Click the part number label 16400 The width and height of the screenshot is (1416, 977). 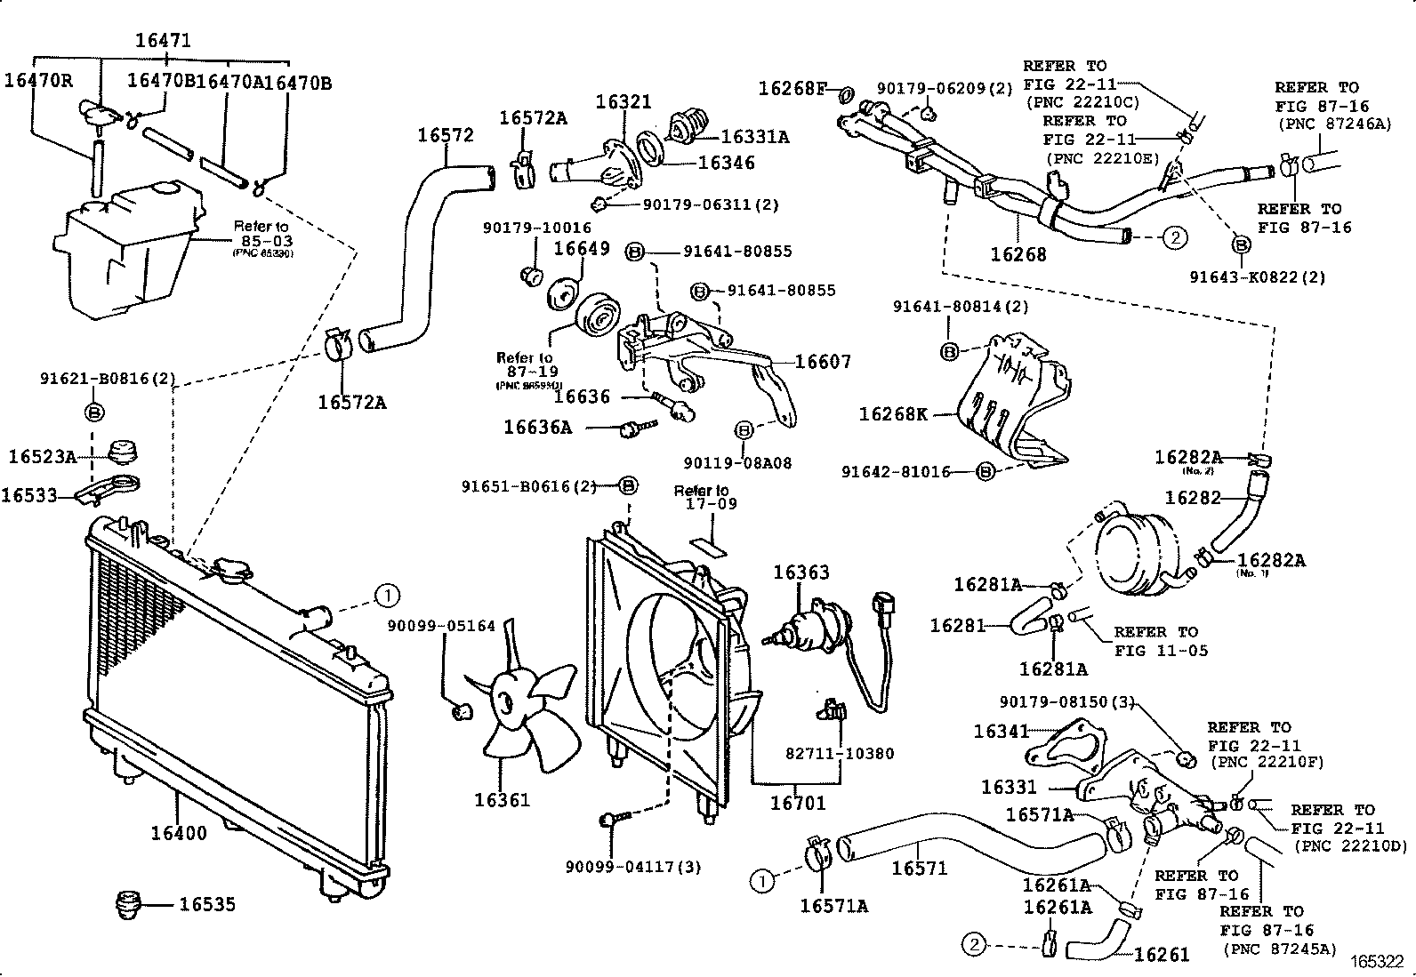coord(178,833)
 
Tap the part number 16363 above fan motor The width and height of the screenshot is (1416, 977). coord(801,573)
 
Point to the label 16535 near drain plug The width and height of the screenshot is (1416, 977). coord(207,904)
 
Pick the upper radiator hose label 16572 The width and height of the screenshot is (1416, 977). coord(446,135)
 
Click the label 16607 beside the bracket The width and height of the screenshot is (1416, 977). coord(823,361)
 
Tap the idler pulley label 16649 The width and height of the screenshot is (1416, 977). coord(582,248)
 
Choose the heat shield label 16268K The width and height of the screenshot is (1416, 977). coord(893,414)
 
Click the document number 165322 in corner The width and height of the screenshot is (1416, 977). coord(1377,962)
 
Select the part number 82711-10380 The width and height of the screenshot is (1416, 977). coord(840,753)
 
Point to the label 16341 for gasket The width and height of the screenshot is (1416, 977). coord(1002,732)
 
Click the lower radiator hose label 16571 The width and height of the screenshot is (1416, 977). coord(919,868)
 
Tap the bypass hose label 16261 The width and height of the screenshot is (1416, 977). coord(1162,955)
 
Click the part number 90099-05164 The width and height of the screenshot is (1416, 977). coord(441,626)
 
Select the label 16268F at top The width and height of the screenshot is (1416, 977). coord(792,88)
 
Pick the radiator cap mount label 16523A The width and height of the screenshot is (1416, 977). coord(43,456)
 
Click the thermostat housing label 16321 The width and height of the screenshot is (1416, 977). coord(624,102)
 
